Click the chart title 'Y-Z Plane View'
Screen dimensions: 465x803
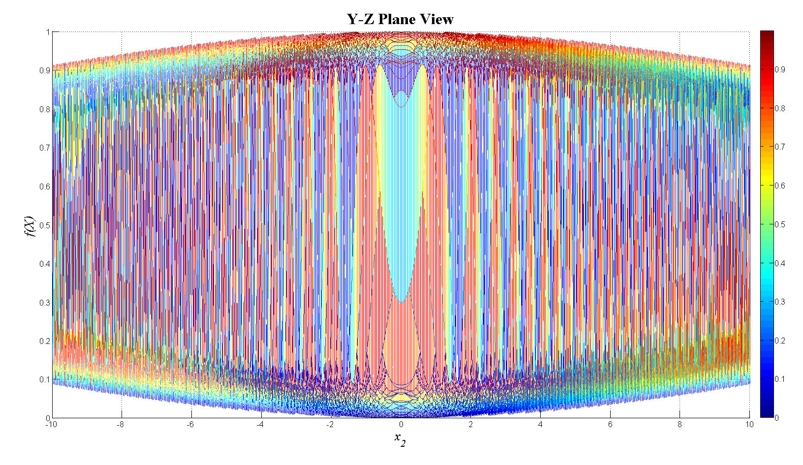400,19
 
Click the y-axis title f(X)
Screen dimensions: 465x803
30,226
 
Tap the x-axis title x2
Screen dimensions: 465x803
400,438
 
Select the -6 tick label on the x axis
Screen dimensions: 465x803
190,424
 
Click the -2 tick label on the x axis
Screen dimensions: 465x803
330,424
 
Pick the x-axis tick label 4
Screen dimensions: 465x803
540,424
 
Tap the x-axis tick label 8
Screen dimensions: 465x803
680,424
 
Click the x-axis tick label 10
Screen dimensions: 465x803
749,424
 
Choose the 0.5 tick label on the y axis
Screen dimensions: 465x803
45,225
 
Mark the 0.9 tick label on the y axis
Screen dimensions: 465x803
45,70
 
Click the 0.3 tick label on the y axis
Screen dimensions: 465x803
45,303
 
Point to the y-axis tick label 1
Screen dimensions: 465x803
48,32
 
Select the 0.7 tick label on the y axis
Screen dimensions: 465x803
45,148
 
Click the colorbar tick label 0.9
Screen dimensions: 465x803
780,69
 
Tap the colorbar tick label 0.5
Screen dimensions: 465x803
780,224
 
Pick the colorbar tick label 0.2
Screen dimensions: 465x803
780,341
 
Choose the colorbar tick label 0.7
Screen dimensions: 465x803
780,147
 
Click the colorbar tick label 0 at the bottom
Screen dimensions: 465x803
776,418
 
